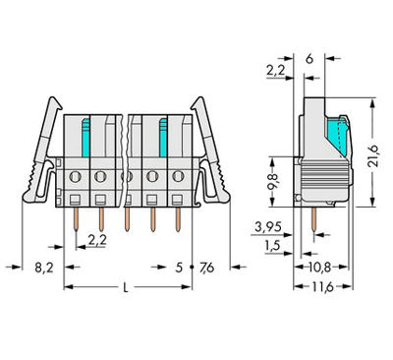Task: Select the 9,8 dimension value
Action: coord(276,179)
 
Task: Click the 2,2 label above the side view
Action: coord(276,71)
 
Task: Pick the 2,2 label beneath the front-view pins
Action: coord(96,239)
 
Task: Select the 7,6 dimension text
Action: coord(206,266)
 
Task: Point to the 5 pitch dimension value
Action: coord(178,266)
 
